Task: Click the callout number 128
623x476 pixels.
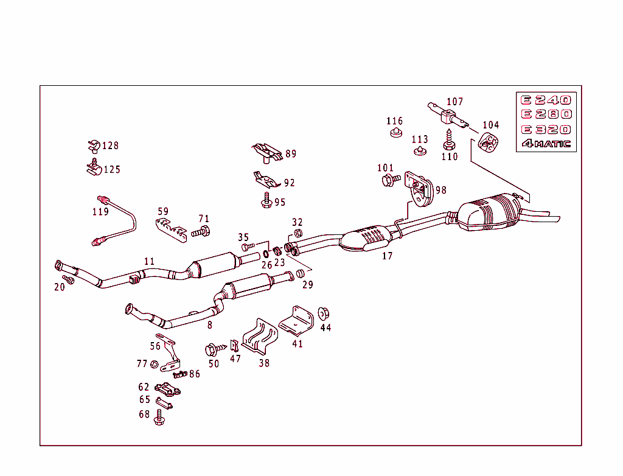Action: click(110, 146)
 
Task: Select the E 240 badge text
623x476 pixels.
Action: click(545, 100)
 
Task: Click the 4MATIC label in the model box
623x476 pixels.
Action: click(546, 144)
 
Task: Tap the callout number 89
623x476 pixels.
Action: click(291, 154)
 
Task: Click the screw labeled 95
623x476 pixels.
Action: click(266, 200)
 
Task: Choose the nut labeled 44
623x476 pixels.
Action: click(324, 313)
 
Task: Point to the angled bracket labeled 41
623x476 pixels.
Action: click(296, 320)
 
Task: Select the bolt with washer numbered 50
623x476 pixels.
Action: click(214, 349)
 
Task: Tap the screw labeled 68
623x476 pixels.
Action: click(159, 416)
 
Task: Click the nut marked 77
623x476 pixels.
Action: click(155, 365)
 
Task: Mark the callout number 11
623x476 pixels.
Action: click(149, 262)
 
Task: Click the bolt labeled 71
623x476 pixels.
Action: click(201, 231)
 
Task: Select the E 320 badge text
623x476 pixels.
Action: click(545, 130)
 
